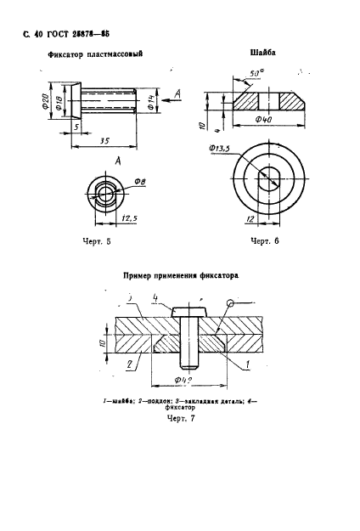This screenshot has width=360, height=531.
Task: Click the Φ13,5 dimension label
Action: [x=219, y=150]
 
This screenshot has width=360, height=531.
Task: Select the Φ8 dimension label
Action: [x=142, y=181]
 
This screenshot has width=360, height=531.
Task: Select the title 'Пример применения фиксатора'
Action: [x=180, y=276]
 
